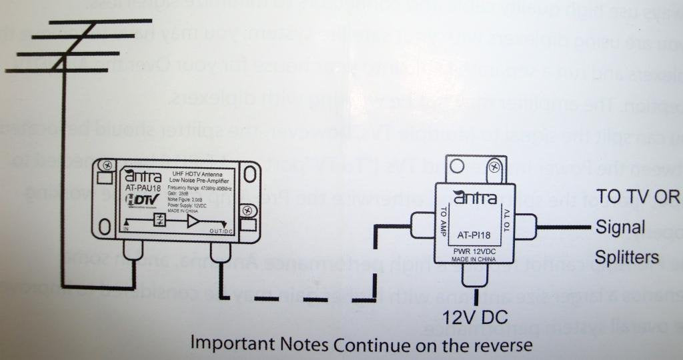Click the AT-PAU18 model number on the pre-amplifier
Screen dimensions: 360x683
point(142,189)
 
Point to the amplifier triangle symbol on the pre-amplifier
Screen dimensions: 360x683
point(193,221)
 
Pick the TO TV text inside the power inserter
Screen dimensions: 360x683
point(506,219)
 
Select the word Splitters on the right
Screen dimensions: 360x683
point(628,257)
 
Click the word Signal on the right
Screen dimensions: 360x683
point(620,227)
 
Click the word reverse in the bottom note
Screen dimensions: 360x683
point(508,345)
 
